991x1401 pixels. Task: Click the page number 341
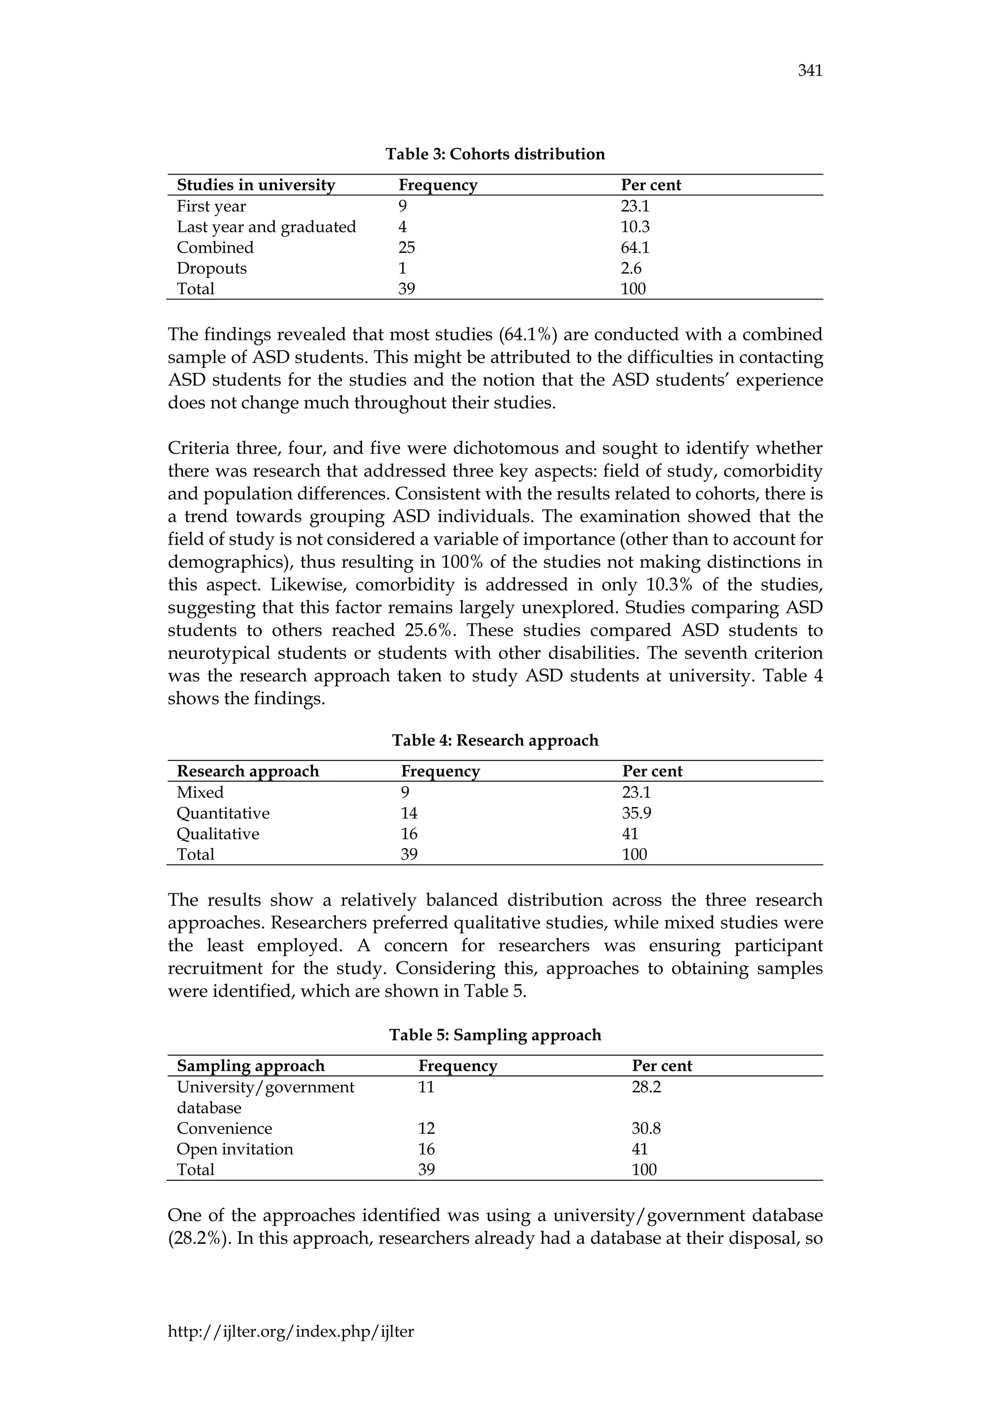(810, 72)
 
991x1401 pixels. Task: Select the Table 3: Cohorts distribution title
(495, 154)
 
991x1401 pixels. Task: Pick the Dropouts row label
(212, 268)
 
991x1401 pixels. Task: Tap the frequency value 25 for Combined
(406, 248)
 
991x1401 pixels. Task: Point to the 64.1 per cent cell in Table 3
(635, 248)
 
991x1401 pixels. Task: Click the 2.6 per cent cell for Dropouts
(631, 268)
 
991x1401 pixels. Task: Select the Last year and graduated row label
(266, 227)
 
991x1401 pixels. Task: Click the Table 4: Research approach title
(495, 740)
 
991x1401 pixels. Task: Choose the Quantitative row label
(223, 813)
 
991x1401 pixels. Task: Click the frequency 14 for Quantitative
(409, 813)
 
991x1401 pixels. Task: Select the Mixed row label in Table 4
(200, 792)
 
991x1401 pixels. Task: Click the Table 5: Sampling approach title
(495, 1035)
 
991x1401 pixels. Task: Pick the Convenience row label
(224, 1128)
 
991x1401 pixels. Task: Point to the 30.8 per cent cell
(646, 1128)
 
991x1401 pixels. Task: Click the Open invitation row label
(235, 1149)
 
